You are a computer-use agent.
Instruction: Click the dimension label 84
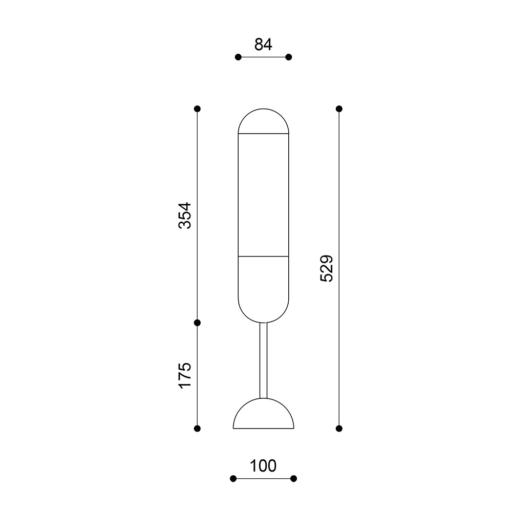[x=263, y=45]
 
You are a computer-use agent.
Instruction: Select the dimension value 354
[x=185, y=216]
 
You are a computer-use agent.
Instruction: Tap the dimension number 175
[x=185, y=375]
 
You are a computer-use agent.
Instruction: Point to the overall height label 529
[x=327, y=268]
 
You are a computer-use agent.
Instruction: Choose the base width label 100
[x=263, y=466]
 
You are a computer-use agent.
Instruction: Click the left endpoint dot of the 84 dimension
[x=238, y=57]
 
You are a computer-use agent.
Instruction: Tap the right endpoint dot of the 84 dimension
[x=288, y=57]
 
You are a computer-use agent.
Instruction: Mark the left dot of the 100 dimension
[x=233, y=479]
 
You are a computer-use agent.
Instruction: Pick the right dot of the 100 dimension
[x=293, y=479]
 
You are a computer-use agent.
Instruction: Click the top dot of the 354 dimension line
[x=197, y=109]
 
